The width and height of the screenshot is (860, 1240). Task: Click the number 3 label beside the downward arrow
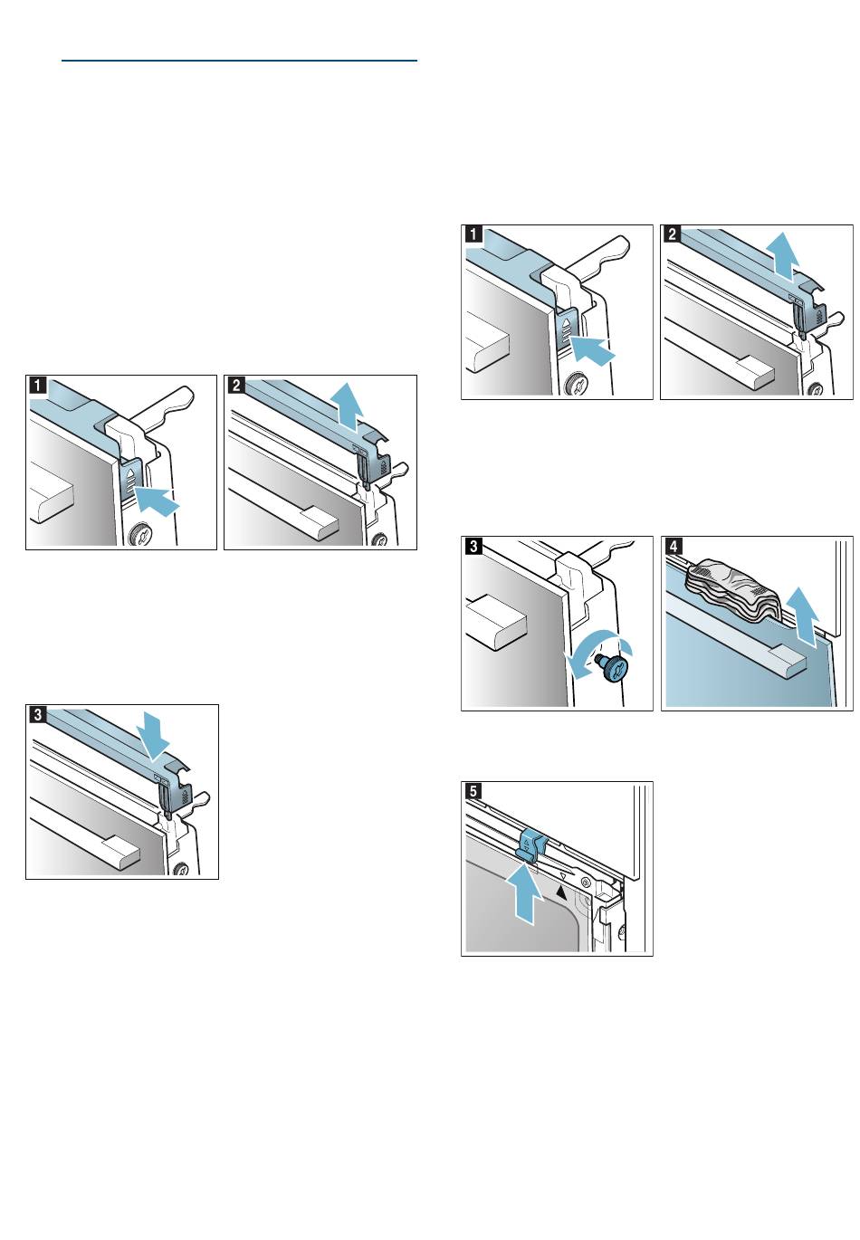coord(37,715)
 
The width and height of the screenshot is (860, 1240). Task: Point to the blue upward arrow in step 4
coord(801,616)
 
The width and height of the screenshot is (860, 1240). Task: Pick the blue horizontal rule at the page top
coord(239,61)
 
